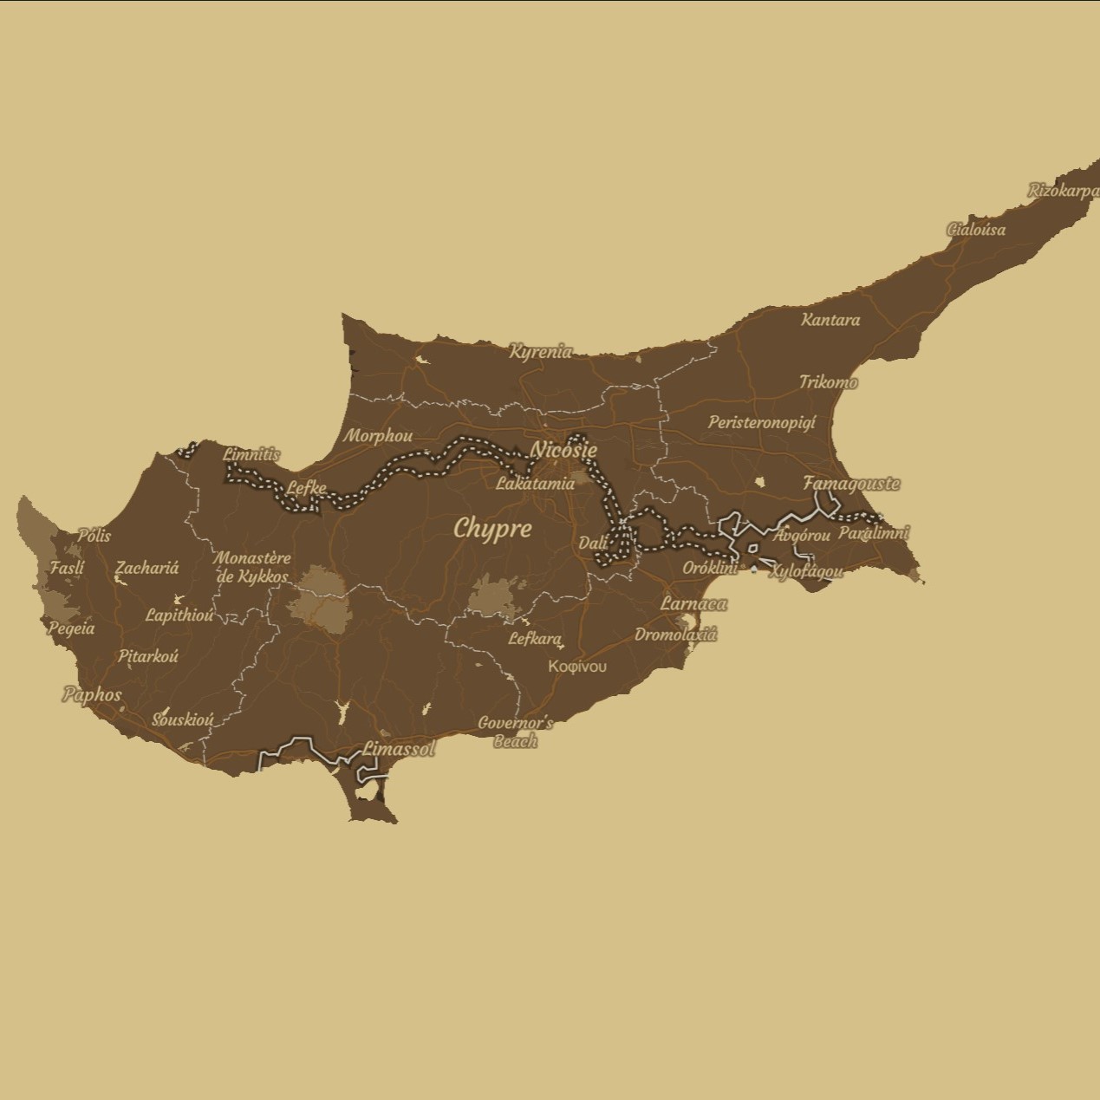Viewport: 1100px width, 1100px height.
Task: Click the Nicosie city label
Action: [563, 451]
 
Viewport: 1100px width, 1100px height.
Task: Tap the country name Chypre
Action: [492, 528]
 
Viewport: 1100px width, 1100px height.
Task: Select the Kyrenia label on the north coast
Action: [540, 351]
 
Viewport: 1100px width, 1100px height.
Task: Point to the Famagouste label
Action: [851, 483]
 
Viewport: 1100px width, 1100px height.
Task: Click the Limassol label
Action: [399, 749]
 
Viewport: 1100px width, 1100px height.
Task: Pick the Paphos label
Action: [92, 694]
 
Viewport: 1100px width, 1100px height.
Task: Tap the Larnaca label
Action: [693, 603]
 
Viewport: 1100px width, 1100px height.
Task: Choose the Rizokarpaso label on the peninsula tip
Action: [1063, 191]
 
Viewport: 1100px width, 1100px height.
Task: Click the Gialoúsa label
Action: [976, 230]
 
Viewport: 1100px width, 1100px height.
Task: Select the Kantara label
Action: [830, 320]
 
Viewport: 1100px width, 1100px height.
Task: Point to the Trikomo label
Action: [828, 382]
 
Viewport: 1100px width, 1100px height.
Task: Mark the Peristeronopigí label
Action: [762, 422]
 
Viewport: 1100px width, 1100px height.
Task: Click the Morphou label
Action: [378, 435]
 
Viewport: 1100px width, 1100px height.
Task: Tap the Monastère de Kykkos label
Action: [252, 567]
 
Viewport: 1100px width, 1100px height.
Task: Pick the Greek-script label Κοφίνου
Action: [577, 667]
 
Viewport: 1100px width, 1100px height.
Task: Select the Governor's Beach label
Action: [516, 732]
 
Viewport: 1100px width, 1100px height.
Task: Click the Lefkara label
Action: [535, 639]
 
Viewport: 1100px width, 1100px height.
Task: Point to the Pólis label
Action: [94, 536]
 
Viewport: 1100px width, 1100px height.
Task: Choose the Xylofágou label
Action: [806, 572]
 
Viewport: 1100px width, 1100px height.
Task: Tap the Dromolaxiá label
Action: [676, 635]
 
